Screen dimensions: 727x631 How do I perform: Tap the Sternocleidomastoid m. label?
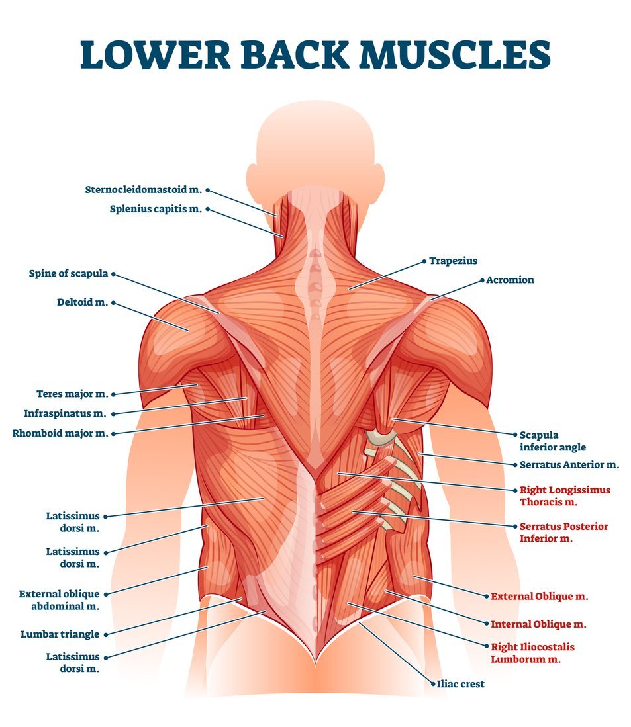(x=143, y=190)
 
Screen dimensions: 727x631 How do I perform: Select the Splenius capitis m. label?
(x=156, y=209)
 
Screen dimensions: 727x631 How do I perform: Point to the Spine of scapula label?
(x=68, y=273)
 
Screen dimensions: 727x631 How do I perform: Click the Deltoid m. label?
(x=82, y=303)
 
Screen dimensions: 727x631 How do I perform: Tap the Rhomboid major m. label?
(x=60, y=434)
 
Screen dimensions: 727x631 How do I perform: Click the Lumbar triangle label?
(x=60, y=634)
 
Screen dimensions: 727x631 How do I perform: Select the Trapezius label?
(x=453, y=261)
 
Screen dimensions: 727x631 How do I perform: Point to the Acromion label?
(x=510, y=280)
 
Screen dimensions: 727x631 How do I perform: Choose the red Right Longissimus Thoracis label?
(x=565, y=496)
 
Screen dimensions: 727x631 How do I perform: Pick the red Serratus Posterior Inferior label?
(x=563, y=533)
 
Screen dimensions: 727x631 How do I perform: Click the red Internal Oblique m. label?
(x=538, y=624)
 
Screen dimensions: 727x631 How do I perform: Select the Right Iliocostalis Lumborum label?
(x=532, y=653)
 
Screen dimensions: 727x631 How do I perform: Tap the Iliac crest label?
(x=460, y=684)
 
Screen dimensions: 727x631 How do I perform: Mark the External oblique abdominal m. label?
(x=59, y=600)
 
